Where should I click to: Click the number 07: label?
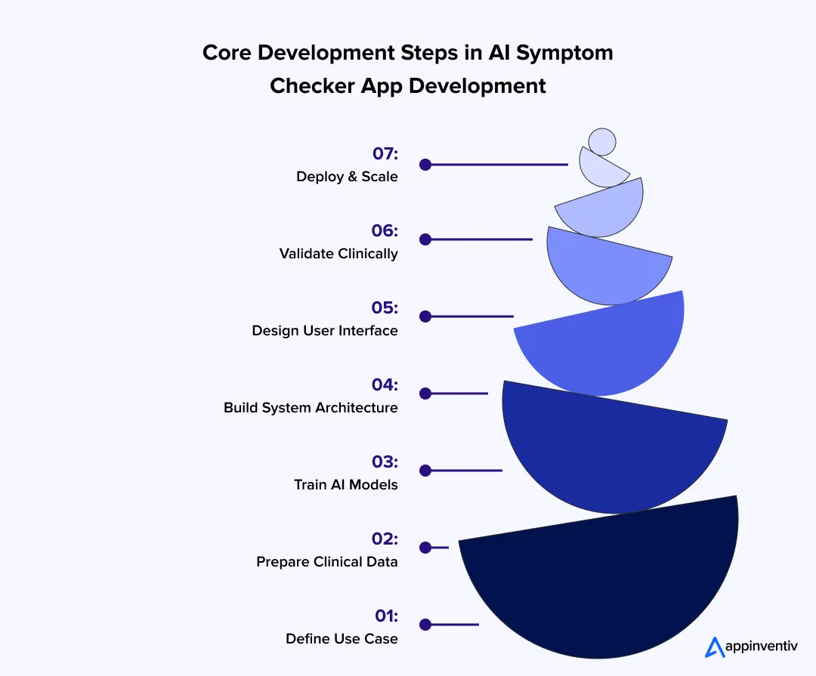[385, 154]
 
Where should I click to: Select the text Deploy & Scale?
[347, 177]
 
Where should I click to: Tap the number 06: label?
[384, 231]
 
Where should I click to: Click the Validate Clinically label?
[338, 254]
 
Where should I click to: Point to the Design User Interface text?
[325, 331]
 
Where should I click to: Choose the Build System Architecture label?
[311, 408]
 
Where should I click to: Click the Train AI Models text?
[346, 485]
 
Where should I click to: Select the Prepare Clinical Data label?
[327, 562]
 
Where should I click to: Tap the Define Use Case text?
[342, 639]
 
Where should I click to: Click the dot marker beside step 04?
[425, 394]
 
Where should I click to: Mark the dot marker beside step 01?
[425, 625]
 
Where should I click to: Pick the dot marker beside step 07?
[425, 164]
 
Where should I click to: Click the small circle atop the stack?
[602, 141]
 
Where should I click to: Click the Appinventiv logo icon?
[714, 647]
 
